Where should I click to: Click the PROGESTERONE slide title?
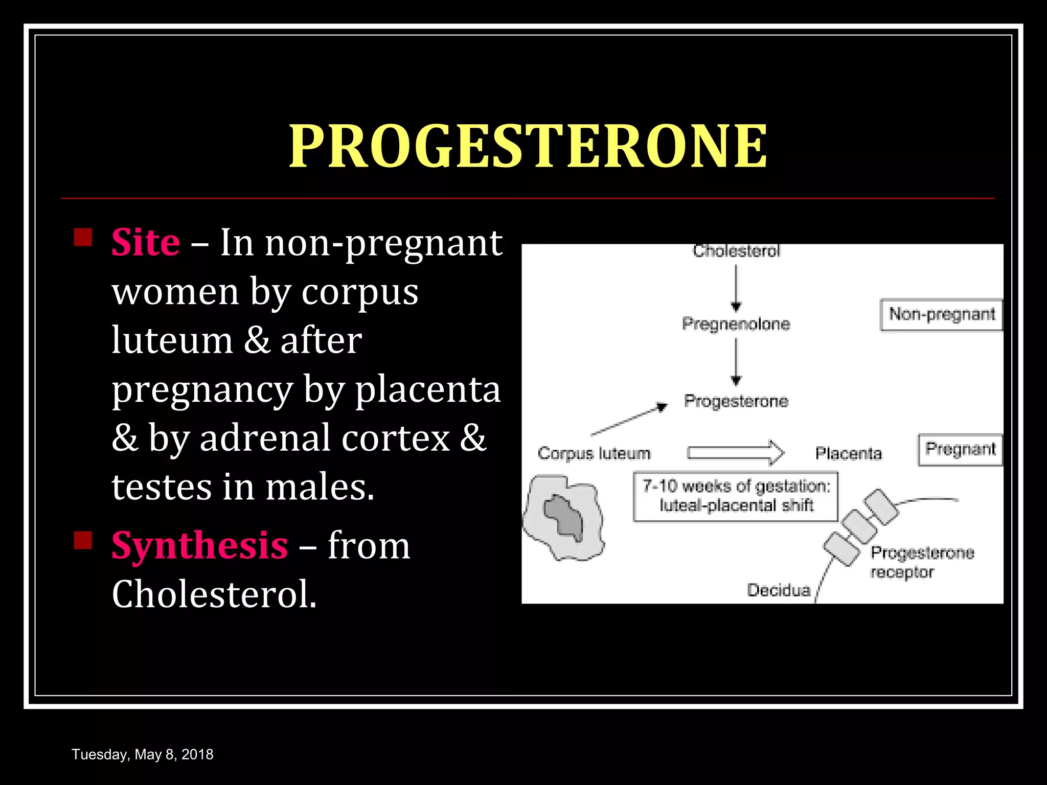point(528,146)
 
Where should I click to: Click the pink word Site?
point(146,242)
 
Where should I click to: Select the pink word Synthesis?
point(199,546)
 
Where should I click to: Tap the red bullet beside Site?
point(83,238)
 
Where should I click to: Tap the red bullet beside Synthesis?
point(83,540)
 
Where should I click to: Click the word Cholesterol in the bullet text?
point(214,594)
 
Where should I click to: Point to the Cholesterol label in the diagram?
point(736,251)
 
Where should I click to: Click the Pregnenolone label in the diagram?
point(736,324)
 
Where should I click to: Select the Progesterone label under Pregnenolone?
point(736,401)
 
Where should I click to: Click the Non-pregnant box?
point(942,315)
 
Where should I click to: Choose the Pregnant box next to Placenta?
point(960,450)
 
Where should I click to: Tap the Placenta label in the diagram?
point(849,453)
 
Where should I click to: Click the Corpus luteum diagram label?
point(594,453)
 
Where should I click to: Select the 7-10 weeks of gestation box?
point(736,496)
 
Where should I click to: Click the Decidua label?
point(779,590)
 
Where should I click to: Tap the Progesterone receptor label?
point(922,562)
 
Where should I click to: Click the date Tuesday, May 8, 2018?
point(143,754)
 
